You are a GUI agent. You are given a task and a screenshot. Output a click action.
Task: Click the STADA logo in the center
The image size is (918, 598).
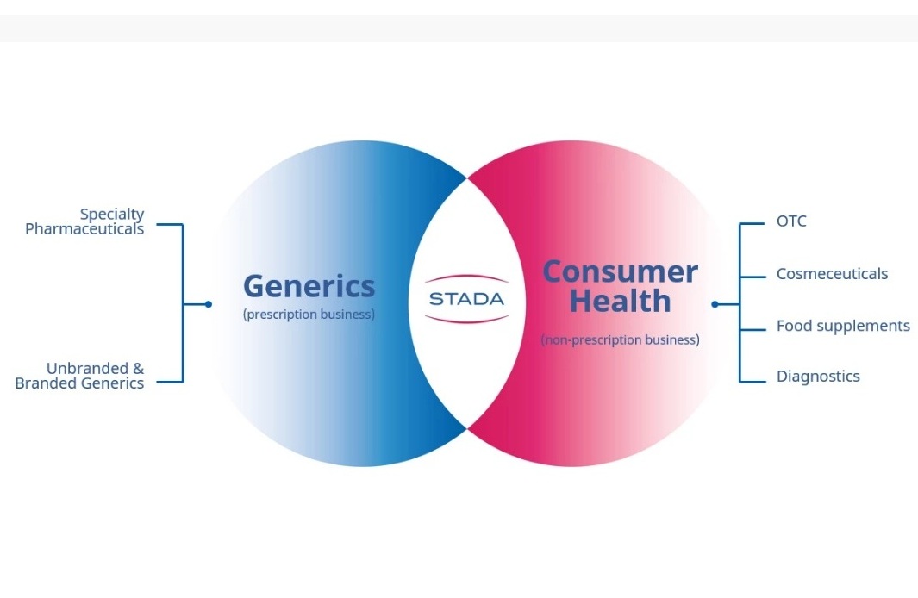coord(466,299)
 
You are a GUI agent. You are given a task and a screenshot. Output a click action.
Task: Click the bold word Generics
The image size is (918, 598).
coord(309,287)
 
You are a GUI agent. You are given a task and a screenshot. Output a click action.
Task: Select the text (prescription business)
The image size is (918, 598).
coord(309,315)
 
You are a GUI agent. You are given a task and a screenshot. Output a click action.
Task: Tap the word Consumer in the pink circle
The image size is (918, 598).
coord(621,272)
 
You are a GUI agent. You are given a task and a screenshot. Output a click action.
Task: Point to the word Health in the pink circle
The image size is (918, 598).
coord(620,302)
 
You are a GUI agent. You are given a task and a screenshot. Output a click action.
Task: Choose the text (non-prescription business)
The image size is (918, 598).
coord(620,340)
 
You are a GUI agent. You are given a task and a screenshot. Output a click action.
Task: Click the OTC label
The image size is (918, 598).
coord(791,221)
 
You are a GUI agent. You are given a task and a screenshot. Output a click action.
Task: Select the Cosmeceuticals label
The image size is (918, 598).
coord(832,274)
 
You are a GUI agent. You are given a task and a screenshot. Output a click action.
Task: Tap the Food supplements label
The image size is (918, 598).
coord(843,326)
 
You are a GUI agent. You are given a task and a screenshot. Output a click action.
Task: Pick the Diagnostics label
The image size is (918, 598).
coord(818,377)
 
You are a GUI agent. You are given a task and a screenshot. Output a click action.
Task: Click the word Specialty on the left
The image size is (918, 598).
coord(112,215)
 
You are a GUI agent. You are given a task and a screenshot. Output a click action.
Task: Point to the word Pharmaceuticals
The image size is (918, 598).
coord(84,229)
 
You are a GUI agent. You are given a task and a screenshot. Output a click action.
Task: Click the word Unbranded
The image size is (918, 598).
coord(87,369)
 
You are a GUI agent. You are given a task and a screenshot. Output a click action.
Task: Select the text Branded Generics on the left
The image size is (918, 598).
coord(79,383)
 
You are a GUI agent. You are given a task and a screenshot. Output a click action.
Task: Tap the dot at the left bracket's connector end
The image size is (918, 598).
coord(209,304)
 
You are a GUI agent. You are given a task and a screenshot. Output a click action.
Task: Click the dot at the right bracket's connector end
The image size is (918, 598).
coord(715,304)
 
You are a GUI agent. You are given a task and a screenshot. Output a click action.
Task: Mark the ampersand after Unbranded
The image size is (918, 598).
coord(138,369)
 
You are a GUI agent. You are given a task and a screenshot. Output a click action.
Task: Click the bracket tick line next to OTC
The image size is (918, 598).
coord(753,223)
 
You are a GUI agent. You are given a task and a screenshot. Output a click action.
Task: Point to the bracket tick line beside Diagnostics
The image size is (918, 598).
coord(753,382)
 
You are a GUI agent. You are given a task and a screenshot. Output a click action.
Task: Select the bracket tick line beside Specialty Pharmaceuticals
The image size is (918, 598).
coord(170,224)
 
